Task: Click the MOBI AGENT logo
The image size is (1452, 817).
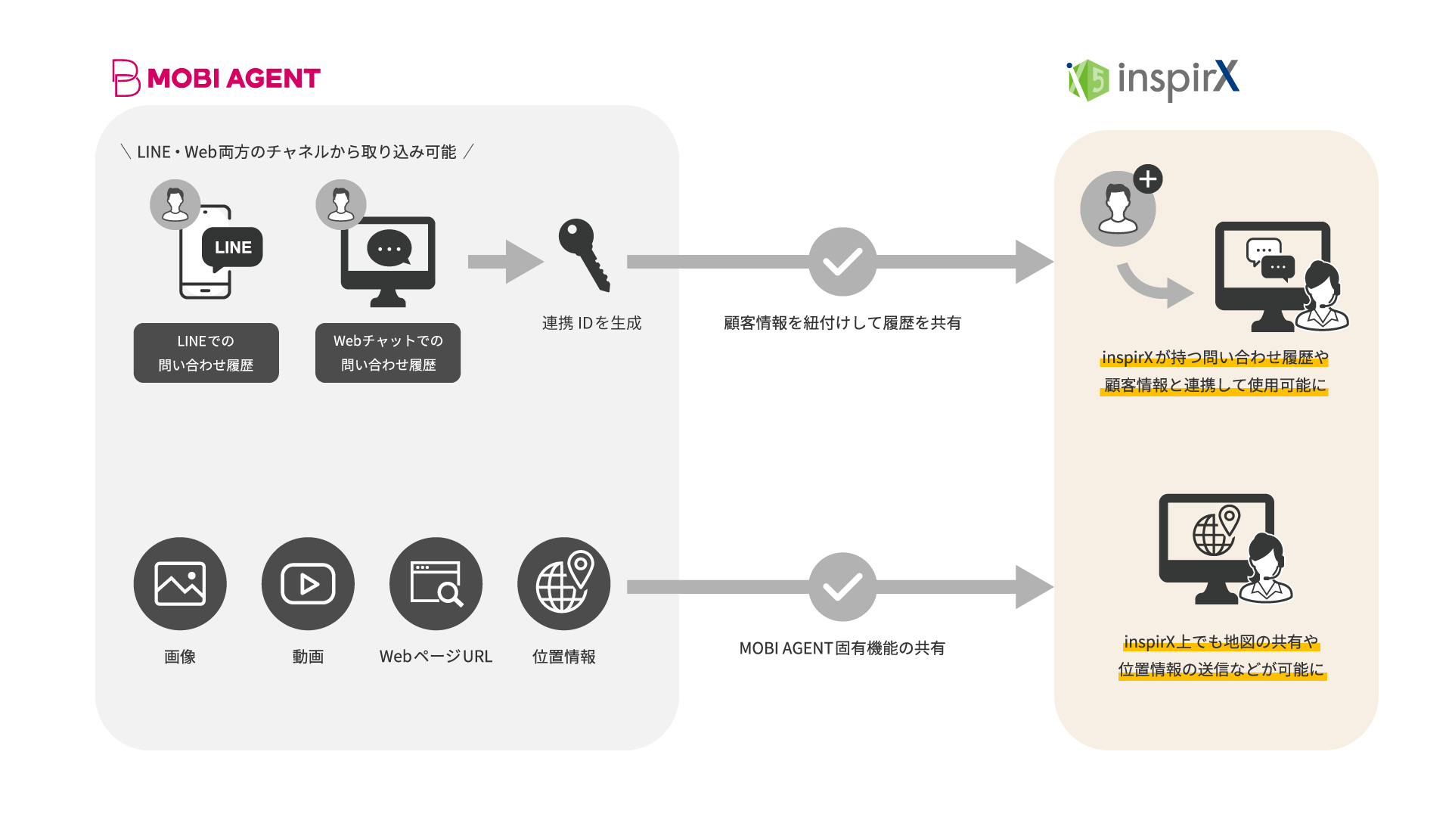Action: [216, 78]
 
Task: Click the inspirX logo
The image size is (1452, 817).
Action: [1153, 79]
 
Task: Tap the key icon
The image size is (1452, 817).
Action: [584, 254]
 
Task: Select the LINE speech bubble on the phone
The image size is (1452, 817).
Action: [232, 247]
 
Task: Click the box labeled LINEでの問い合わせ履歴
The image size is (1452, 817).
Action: [206, 353]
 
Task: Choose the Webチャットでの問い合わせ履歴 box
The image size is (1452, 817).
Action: [387, 353]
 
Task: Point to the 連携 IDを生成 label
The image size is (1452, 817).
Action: [591, 323]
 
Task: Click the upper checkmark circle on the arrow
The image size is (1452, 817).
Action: [842, 262]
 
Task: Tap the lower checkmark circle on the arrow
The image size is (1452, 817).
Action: [842, 587]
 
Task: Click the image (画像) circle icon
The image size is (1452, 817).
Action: [180, 584]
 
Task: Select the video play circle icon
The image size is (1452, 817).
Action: [308, 584]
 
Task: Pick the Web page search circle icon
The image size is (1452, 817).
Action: [436, 584]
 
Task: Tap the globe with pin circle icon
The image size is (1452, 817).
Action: [563, 584]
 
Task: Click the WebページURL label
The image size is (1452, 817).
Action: [436, 657]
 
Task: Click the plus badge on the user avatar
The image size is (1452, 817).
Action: [1148, 179]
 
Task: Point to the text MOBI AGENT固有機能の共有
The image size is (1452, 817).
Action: [842, 648]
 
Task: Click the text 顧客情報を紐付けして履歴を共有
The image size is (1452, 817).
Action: [842, 323]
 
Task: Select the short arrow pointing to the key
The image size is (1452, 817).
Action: [505, 262]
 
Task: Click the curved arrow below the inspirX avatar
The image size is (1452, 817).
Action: [1154, 285]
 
